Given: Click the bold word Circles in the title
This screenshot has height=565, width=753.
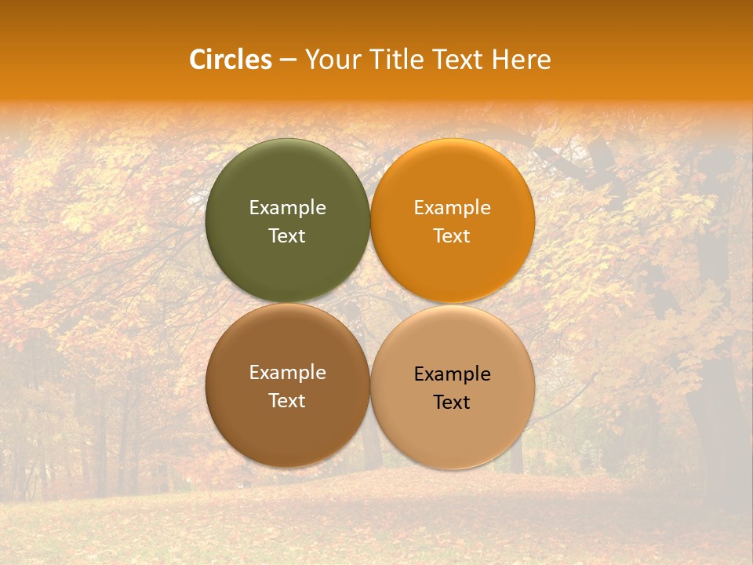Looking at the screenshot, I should [x=230, y=60].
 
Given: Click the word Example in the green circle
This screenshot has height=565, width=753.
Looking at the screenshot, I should [x=287, y=208].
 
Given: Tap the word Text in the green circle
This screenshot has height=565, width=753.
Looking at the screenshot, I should [x=287, y=236].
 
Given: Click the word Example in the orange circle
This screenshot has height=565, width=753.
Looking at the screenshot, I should [x=452, y=208].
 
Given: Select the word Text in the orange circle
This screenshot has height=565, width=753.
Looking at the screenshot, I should [x=452, y=236].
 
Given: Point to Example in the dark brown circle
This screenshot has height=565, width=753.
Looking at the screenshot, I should [x=287, y=373].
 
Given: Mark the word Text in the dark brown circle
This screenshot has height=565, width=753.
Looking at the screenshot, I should [x=287, y=401].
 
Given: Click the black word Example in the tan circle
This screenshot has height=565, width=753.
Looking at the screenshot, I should [x=452, y=374].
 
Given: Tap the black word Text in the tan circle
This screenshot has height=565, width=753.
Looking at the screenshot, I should [x=452, y=403].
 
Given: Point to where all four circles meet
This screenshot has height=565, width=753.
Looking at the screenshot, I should [x=370, y=303].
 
